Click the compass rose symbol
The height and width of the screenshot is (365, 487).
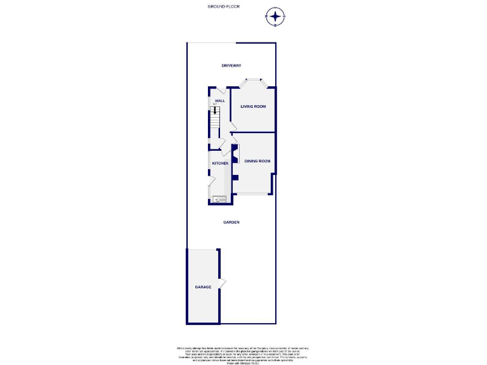tap(275, 16)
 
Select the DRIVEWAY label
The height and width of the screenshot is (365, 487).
tap(231, 66)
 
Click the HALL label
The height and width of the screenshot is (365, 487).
tap(220, 101)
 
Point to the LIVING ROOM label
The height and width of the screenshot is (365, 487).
tap(253, 106)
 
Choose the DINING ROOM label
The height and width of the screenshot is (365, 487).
tap(257, 161)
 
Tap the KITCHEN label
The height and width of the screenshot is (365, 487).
tap(220, 164)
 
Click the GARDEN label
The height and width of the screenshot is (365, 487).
tap(231, 222)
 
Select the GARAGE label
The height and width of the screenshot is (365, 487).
tap(203, 287)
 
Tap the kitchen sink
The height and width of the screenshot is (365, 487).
tap(220, 198)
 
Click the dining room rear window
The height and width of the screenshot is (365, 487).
tap(252, 193)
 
